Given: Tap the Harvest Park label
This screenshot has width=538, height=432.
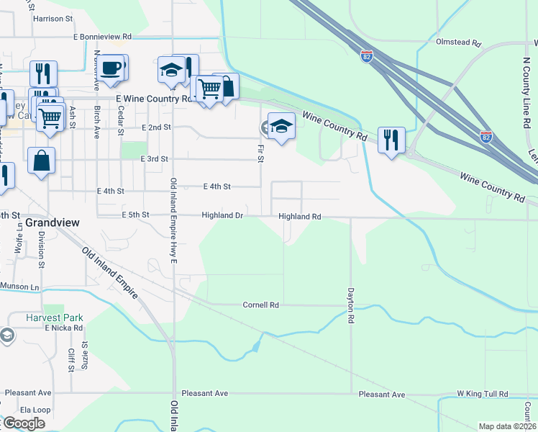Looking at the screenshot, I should [55, 318].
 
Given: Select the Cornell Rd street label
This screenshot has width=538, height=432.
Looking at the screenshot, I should [260, 305].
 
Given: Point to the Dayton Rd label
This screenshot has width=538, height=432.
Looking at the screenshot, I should [351, 305].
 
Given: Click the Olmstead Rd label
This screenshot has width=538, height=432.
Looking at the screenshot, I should [458, 42].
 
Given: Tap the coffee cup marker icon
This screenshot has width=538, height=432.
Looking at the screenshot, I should [111, 68].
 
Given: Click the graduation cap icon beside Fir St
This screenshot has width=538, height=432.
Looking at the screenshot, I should [281, 126].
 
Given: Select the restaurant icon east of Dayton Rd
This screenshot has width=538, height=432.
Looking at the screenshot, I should [391, 138].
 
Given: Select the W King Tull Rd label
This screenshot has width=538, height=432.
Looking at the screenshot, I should [483, 394].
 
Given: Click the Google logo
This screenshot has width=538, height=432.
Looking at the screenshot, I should [24, 423].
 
